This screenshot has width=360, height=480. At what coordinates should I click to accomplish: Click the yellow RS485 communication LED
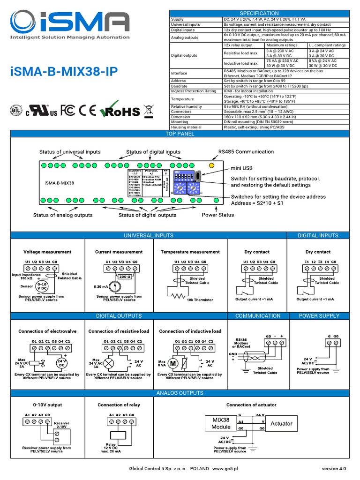(211, 165)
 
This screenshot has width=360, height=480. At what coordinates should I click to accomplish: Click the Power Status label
(217, 215)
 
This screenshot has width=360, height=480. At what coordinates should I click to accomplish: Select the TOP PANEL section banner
(180, 134)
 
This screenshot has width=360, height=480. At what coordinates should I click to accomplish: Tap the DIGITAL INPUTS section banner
(318, 235)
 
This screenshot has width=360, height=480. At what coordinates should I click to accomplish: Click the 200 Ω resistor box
(125, 277)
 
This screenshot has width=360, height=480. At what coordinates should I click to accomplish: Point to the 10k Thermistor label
(200, 300)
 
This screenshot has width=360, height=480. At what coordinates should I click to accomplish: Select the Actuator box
(281, 423)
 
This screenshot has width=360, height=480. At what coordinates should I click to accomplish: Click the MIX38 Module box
(221, 423)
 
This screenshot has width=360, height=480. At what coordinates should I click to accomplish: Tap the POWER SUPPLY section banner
(318, 315)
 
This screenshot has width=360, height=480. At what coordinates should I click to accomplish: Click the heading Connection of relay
(119, 405)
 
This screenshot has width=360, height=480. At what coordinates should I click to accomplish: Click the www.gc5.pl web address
(225, 468)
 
